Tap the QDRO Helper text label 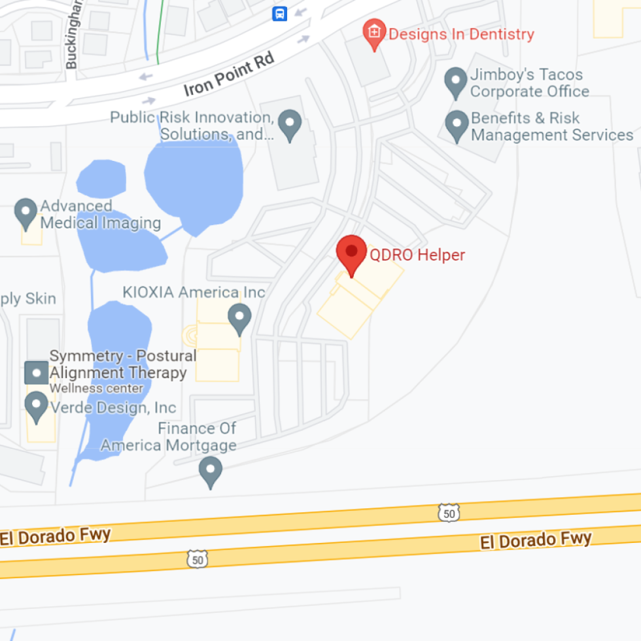click(417, 255)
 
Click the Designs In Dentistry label click(461, 34)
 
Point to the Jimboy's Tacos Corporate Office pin click(455, 82)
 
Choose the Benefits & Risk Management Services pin click(456, 126)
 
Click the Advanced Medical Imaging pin click(26, 213)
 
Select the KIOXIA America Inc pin click(239, 319)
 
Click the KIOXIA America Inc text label click(194, 292)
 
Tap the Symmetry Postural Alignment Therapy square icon click(36, 373)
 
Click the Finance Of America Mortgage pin click(210, 471)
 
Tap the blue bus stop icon click(280, 13)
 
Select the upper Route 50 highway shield click(449, 513)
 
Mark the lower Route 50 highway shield click(198, 559)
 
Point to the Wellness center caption click(96, 388)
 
